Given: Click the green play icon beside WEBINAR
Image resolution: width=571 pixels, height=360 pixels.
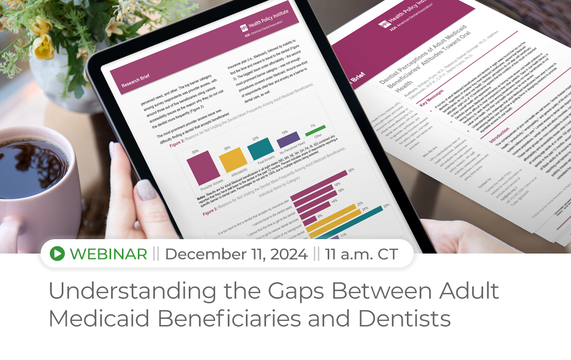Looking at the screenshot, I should coord(58,253).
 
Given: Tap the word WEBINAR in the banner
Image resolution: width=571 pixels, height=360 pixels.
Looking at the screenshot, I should coord(108,254).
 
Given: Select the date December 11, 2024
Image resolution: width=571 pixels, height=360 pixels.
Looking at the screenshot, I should coord(236,254).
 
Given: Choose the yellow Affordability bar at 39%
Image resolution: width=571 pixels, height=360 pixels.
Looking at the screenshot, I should coord(233,160).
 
